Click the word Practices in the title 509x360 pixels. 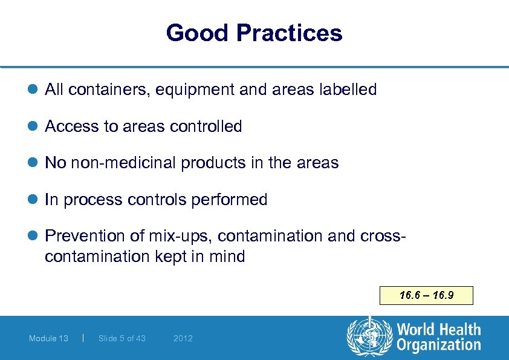click(x=291, y=33)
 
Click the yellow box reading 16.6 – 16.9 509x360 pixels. click(x=426, y=296)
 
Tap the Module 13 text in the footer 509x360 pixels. click(x=48, y=338)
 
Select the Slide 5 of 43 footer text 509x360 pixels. click(x=122, y=338)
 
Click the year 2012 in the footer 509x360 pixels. click(x=183, y=338)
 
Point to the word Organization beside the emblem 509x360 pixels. click(x=439, y=345)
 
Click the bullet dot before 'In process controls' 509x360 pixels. click(x=34, y=200)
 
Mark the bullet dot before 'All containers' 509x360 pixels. click(x=34, y=90)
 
